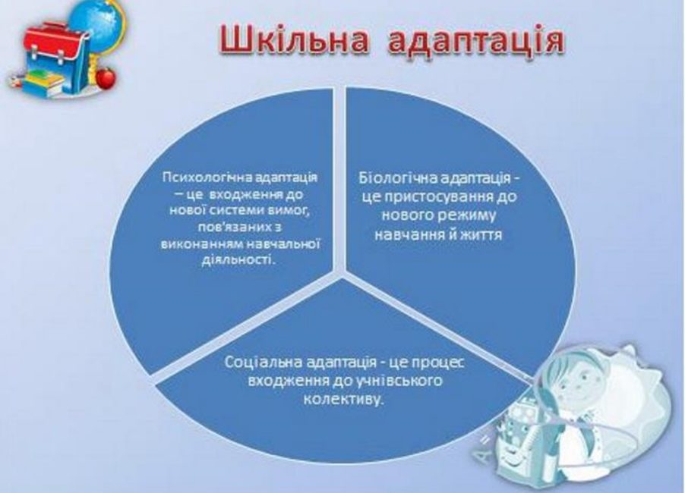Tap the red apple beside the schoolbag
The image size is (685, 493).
106,78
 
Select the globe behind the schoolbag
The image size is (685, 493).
97,23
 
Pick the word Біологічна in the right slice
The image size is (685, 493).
397,178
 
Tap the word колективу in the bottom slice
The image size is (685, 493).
344,400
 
